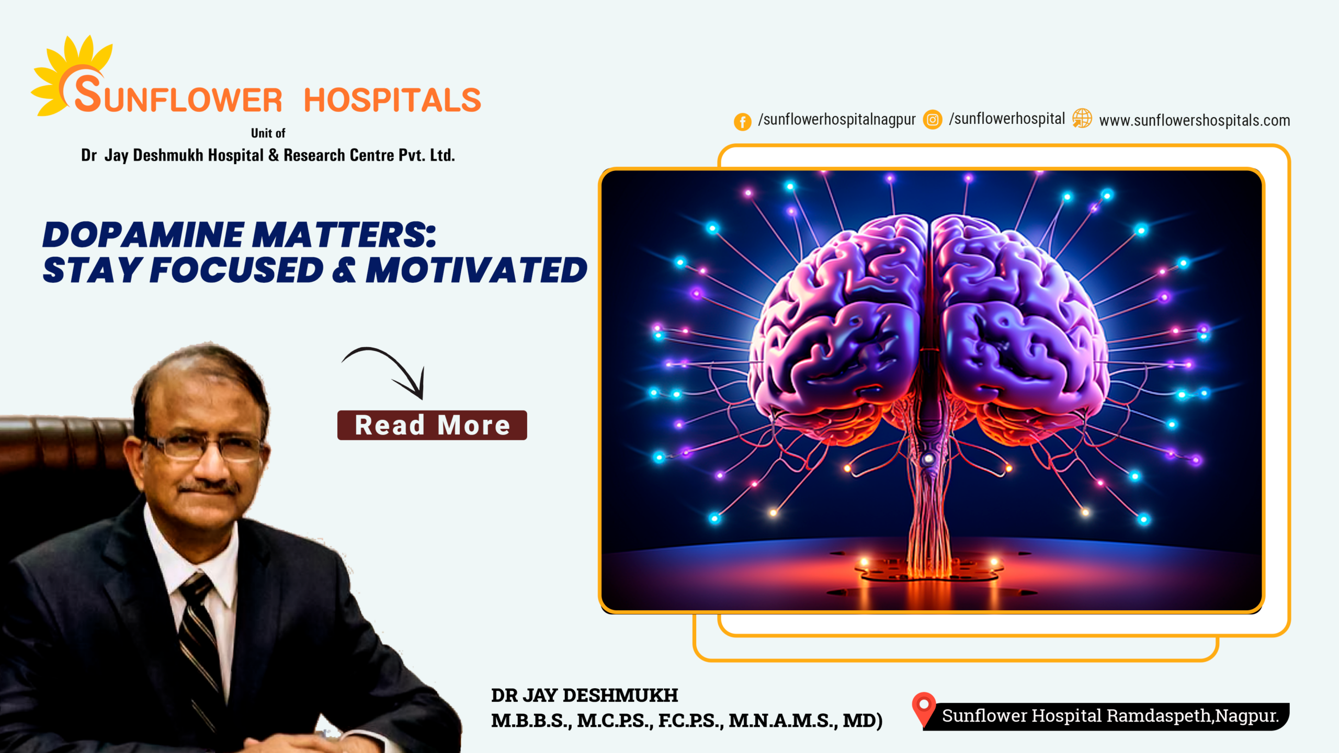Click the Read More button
432,425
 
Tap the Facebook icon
742,122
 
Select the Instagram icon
933,119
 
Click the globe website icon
1082,118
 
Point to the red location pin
924,709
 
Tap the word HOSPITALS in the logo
392,100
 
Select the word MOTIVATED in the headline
476,270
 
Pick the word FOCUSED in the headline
236,270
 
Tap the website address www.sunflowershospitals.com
1195,121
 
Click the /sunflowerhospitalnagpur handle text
837,120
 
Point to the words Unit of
268,133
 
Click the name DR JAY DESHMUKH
584,695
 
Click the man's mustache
209,489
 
